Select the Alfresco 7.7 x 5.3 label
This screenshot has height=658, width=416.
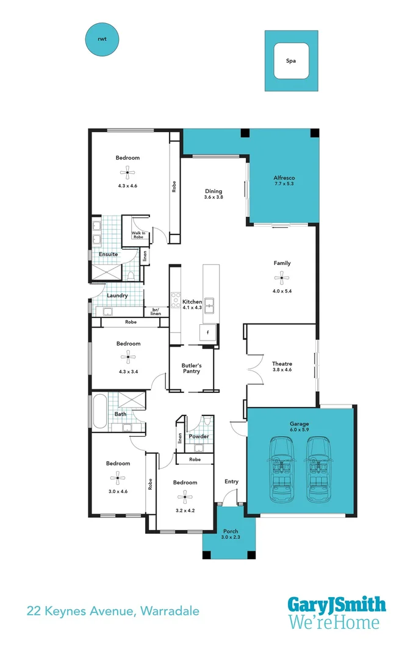[284, 180]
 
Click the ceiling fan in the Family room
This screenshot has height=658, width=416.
[282, 279]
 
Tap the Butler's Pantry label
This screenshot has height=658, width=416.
[191, 369]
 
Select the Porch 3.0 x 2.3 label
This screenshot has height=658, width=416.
[231, 535]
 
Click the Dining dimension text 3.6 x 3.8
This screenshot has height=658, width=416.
[213, 197]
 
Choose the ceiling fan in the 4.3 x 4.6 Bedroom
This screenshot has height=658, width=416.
[127, 172]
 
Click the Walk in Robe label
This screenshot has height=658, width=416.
[138, 235]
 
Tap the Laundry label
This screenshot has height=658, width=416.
[117, 295]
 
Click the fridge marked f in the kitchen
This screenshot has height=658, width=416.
[207, 333]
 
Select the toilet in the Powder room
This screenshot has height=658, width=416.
[208, 422]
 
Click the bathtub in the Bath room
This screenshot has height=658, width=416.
[99, 411]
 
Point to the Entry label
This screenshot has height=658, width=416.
[231, 481]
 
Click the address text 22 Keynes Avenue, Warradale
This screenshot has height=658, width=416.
[112, 610]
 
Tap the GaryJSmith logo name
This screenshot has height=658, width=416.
[336, 604]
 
